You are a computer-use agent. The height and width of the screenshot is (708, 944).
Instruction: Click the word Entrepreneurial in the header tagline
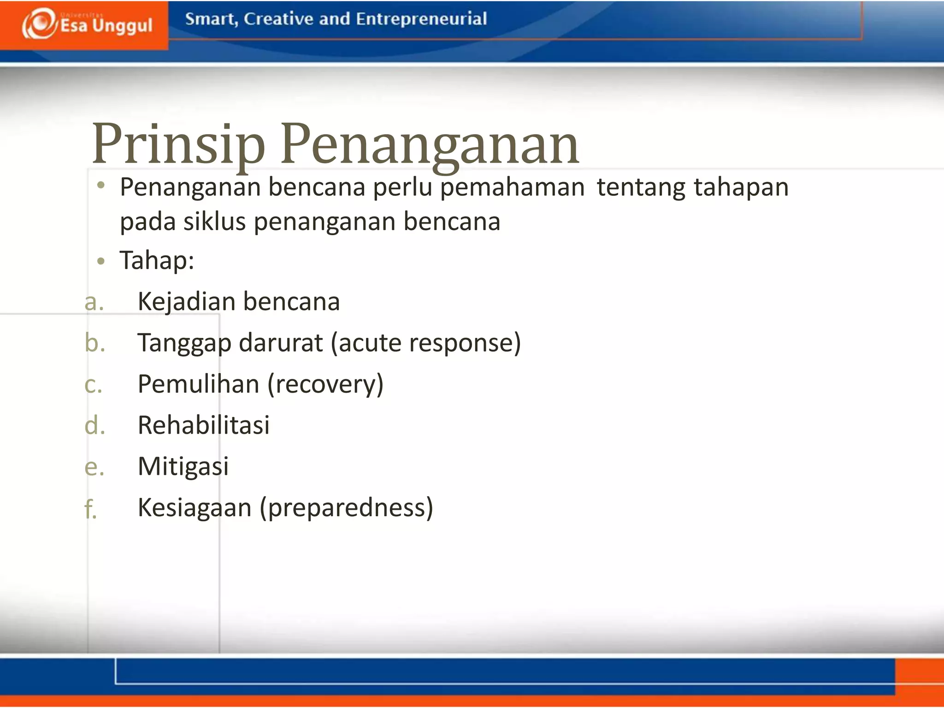point(421,19)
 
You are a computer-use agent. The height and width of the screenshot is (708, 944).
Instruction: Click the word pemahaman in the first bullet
point(512,188)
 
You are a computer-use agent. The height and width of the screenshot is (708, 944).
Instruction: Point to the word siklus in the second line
point(214,222)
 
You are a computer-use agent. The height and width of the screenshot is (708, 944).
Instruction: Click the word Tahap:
point(157,260)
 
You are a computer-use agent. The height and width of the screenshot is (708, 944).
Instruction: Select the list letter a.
point(94,302)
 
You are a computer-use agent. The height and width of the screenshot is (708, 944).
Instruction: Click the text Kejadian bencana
point(239,302)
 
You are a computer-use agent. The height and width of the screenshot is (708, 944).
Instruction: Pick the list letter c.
point(93,384)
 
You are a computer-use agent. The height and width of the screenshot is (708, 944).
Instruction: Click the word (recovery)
point(325,384)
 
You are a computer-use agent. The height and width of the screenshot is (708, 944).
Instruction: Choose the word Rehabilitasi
point(203,425)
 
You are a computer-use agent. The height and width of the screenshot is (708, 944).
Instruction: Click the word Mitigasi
point(183,466)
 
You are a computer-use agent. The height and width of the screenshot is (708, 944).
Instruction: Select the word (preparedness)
point(346,508)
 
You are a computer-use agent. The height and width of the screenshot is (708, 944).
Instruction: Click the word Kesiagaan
point(195,508)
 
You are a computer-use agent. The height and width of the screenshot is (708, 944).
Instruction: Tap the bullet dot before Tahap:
point(101,261)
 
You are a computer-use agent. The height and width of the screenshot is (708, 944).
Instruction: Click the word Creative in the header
point(278,19)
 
